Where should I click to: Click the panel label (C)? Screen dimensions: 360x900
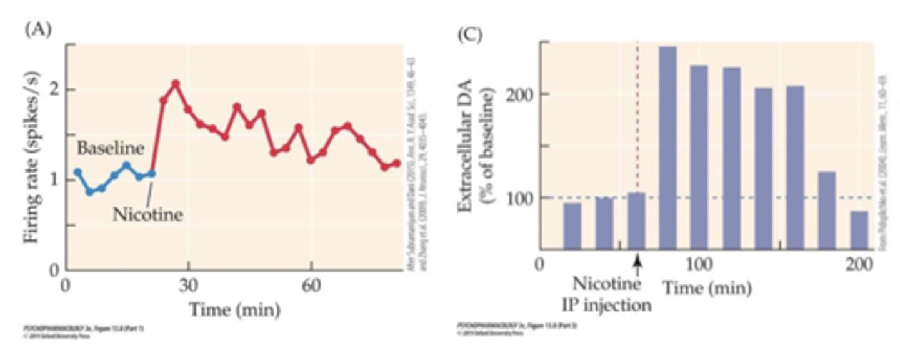point(469,34)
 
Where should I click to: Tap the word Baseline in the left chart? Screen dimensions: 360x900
point(111,148)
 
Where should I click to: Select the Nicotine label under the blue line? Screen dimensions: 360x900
point(147,215)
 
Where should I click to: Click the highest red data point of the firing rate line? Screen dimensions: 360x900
point(176,83)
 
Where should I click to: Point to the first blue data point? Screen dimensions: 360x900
point(77,172)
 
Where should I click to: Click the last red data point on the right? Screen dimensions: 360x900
point(396,164)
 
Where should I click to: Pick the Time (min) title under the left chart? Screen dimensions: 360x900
point(234,309)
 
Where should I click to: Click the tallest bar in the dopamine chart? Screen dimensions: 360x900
point(668,148)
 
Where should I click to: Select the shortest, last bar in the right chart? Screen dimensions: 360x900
point(859,230)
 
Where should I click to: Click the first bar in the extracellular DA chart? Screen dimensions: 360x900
point(572,226)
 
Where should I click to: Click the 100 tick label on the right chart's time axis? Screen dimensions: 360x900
point(698,265)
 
